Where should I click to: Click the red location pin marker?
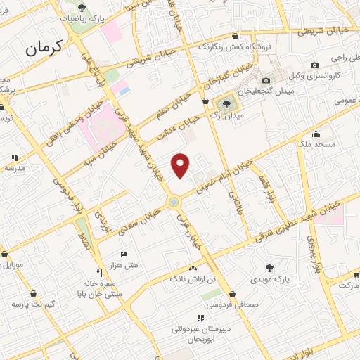pos(181,165)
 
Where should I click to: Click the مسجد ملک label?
pos(317,144)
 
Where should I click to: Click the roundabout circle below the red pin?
pos(172,203)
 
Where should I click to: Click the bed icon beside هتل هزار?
pos(124,253)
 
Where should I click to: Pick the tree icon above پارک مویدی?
pos(269,268)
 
